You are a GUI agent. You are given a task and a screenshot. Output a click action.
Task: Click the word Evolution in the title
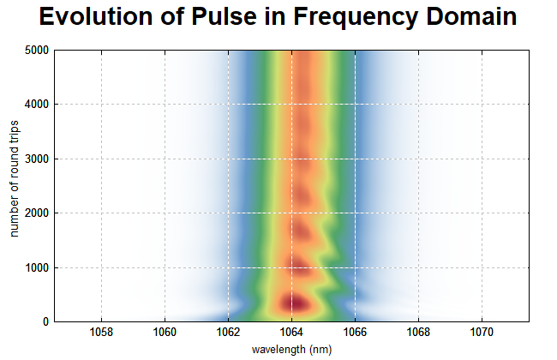click(96, 16)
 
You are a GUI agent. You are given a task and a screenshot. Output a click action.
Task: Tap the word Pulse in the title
click(225, 16)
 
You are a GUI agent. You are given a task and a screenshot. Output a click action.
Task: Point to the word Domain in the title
click(471, 16)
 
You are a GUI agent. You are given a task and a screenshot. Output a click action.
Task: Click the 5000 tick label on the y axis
click(37, 50)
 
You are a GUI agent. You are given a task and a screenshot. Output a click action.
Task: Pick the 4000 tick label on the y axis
click(37, 104)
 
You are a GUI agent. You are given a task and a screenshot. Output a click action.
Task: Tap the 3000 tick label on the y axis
click(37, 159)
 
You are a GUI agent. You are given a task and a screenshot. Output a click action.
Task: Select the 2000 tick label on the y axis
click(37, 213)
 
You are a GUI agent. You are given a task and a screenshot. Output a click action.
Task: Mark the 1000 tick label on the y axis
click(37, 267)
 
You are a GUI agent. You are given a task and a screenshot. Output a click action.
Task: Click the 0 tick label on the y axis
click(45, 321)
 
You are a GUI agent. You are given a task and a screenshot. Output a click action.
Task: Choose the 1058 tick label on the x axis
click(101, 332)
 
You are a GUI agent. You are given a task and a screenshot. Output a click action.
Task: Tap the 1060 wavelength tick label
click(165, 332)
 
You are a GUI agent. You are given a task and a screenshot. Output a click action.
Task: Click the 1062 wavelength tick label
click(229, 332)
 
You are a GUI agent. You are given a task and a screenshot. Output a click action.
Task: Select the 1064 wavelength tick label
click(291, 332)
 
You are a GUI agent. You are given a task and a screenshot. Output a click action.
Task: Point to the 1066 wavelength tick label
click(356, 332)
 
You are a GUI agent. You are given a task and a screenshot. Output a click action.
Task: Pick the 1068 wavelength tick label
click(418, 332)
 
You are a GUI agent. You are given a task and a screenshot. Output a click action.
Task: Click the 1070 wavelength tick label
click(482, 332)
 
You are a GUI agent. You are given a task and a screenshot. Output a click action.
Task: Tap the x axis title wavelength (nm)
click(291, 350)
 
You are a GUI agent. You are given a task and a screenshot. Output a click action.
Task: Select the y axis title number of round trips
click(14, 179)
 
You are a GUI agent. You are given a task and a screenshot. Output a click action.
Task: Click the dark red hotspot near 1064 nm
click(296, 303)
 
